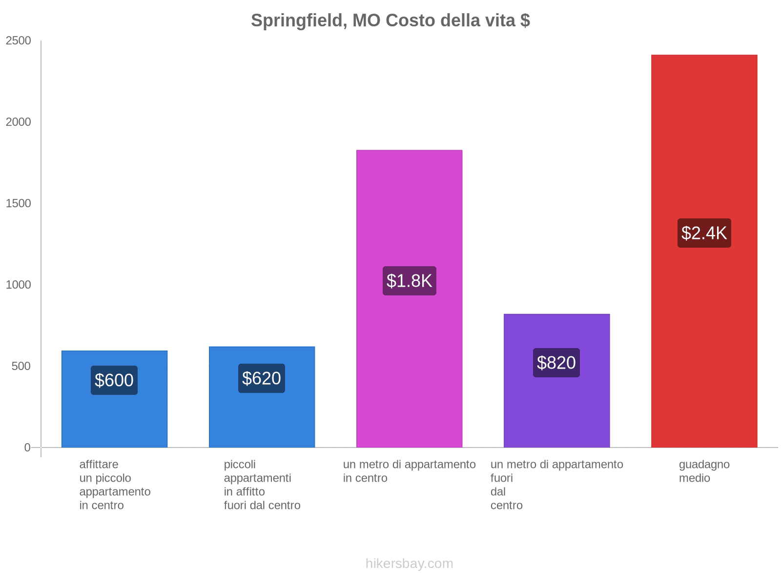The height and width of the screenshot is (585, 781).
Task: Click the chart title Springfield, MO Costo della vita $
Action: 390,20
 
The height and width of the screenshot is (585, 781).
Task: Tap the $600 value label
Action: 114,380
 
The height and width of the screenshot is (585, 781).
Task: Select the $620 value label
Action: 262,378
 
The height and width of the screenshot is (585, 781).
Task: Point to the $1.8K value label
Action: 409,281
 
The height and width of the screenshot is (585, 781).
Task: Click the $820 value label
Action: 556,363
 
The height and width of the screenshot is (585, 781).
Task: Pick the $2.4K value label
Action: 704,233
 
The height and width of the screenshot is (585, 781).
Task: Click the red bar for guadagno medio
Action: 704,341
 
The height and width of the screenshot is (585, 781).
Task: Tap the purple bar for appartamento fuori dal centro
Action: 556,409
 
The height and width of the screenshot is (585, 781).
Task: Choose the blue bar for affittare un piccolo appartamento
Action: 114,419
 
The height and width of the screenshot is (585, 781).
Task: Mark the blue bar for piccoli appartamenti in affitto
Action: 262,419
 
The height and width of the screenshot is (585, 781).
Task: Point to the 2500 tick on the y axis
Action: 19,41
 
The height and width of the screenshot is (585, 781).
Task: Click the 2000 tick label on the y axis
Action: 19,122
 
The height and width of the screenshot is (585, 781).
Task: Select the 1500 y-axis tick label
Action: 19,204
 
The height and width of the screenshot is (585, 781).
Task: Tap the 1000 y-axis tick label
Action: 19,285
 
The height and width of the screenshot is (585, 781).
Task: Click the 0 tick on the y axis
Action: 27,448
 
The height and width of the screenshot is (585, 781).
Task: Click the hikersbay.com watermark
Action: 409,564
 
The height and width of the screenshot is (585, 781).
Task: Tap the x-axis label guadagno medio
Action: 704,471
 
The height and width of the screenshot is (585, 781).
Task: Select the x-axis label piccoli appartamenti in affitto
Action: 262,485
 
